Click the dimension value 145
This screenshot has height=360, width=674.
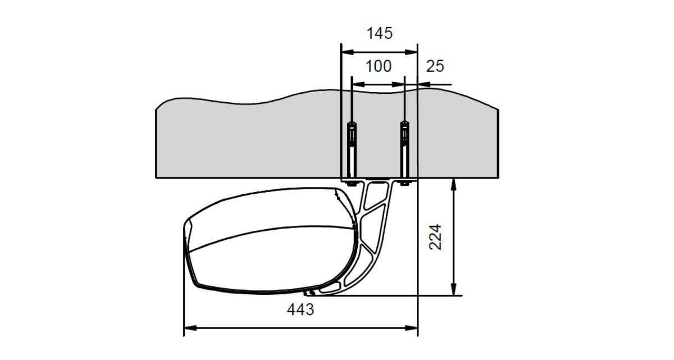380,33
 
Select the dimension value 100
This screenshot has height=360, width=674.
378,66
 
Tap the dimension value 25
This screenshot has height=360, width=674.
435,66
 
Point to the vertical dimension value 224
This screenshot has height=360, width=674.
435,237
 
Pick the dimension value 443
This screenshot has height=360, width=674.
300,309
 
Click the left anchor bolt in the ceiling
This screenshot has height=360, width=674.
352,151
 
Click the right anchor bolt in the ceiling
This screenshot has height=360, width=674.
405,151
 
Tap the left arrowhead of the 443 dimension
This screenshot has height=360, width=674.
190,328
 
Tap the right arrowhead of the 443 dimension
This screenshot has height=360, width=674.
411,328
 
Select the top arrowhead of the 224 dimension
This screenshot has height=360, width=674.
454,185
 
